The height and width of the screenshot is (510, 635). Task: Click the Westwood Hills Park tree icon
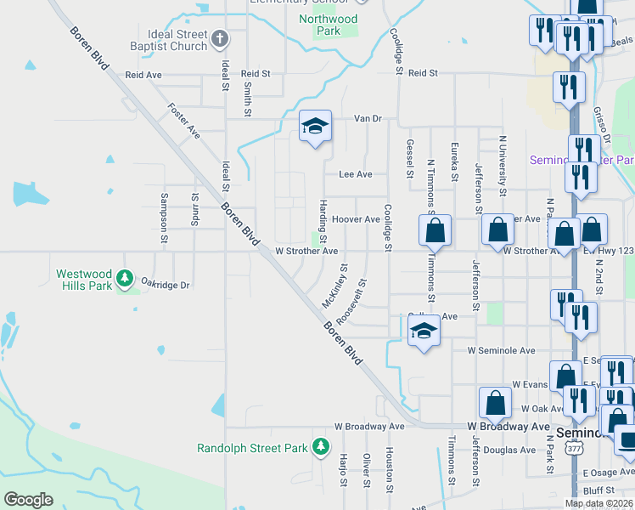coord(125,277)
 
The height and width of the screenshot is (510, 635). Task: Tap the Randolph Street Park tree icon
coord(320,445)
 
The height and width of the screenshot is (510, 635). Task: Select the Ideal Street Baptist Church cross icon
coord(219,38)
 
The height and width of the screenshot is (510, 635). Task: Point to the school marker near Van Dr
coord(315,127)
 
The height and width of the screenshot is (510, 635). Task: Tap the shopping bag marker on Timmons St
coord(435,230)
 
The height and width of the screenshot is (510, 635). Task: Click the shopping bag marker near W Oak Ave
coord(495,403)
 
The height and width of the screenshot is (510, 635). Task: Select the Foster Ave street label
coord(184,121)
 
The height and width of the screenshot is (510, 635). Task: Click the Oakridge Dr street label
coord(165,285)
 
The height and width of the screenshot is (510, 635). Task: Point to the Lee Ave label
coord(356,174)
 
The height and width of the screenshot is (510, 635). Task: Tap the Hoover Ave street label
coord(356,219)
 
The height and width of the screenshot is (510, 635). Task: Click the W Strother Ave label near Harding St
coord(306,252)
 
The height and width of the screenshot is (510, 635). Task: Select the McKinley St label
coord(334,286)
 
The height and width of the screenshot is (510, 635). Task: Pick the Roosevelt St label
coord(351,302)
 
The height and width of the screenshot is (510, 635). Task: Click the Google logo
coord(28,499)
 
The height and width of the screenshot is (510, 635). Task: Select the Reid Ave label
coord(143,75)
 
